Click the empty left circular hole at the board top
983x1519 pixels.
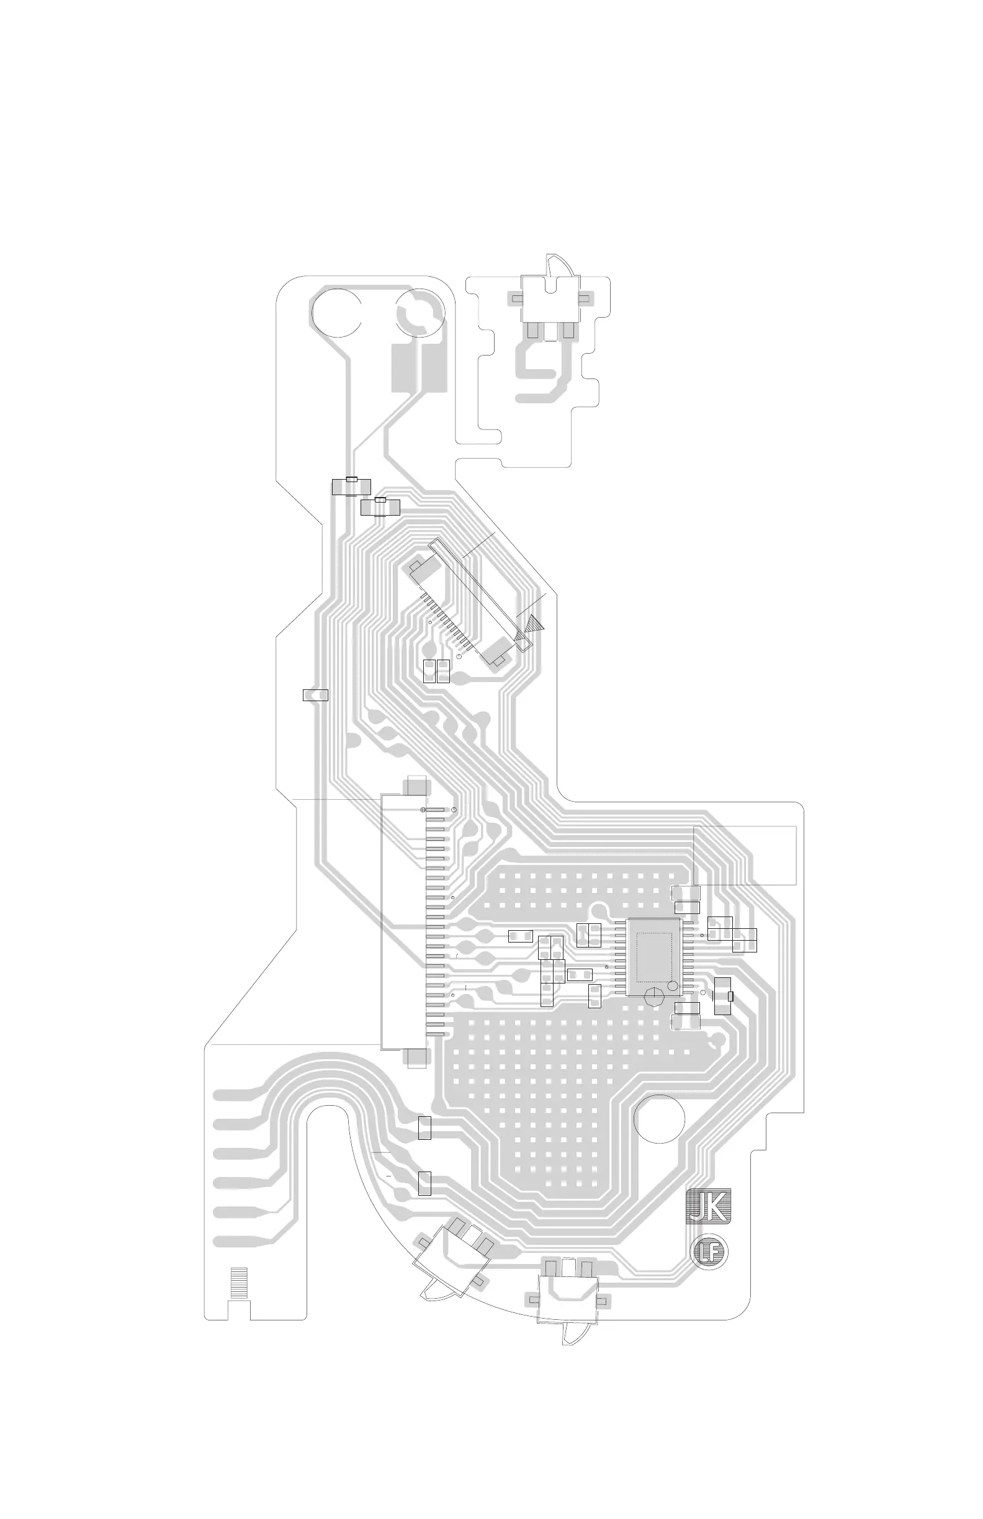[336, 313]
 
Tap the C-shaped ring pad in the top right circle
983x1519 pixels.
[418, 313]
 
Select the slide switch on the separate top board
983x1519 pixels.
[550, 298]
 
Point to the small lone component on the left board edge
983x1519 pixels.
[315, 695]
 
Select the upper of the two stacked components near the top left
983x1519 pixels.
[351, 486]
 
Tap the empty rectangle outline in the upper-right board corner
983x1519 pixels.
[745, 855]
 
